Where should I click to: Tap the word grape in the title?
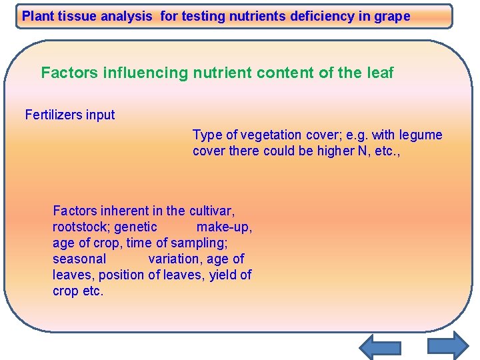[x=393, y=17]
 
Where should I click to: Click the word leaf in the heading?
[x=379, y=73]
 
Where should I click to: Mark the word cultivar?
[x=211, y=211]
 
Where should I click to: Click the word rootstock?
[x=81, y=227]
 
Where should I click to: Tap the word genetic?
[x=136, y=227]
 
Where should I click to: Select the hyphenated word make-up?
[x=224, y=227]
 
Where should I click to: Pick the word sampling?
[x=199, y=243]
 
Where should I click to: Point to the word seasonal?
[x=79, y=259]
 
